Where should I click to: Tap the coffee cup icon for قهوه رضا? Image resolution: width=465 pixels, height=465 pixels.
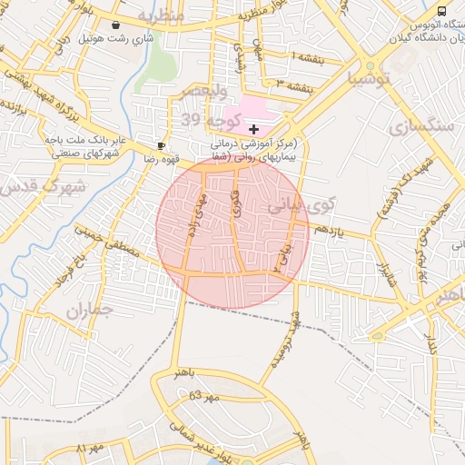click(161, 145)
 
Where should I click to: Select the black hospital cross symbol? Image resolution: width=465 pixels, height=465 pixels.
click(253, 131)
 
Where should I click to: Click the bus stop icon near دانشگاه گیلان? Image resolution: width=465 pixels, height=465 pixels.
click(441, 11)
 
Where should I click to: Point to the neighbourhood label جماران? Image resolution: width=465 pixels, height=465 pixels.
click(88, 311)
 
